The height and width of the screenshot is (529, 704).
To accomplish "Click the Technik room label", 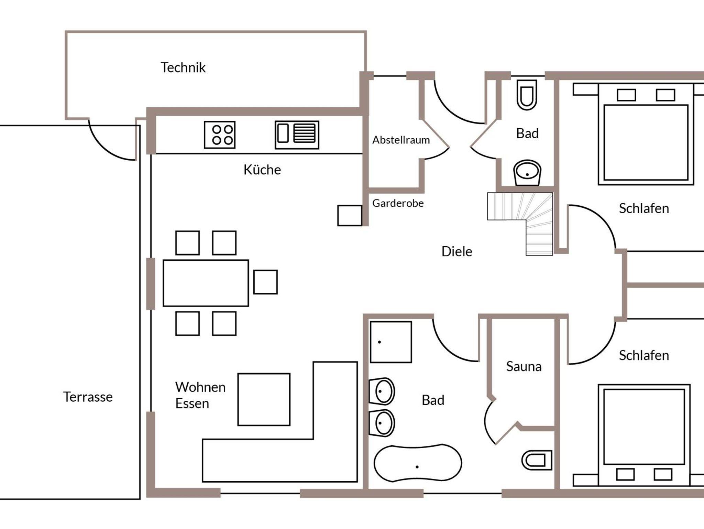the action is pos(183,67).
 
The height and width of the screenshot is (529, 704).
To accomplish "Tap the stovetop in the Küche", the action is pos(220,135).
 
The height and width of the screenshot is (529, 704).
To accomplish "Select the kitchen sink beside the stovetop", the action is pos(297,135).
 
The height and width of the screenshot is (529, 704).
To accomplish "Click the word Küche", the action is pos(262,170).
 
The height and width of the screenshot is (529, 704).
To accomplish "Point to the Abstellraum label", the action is pos(401,140).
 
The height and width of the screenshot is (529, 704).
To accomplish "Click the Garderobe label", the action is pos(398,203).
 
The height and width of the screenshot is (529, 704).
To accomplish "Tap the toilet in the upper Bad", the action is pos(527,95).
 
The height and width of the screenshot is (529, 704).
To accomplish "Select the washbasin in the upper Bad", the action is pos(527,173).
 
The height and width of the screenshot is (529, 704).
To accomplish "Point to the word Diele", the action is pos(457,251).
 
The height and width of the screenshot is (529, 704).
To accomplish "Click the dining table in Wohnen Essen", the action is pos(206,283).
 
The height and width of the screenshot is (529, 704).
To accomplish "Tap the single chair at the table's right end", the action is pos(265,282).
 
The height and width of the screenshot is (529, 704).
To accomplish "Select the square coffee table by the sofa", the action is pos(264,399).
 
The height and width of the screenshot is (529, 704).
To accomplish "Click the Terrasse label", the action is pos(88,397).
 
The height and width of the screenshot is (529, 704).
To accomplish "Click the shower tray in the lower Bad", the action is pos(391,342).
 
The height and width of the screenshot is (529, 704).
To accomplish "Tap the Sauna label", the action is pos(524,367).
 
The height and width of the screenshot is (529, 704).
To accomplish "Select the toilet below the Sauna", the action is pos(537,460).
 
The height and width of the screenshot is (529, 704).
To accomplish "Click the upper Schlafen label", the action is pos(644,208).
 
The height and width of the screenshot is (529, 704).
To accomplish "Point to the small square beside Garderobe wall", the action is pos(350,216).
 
